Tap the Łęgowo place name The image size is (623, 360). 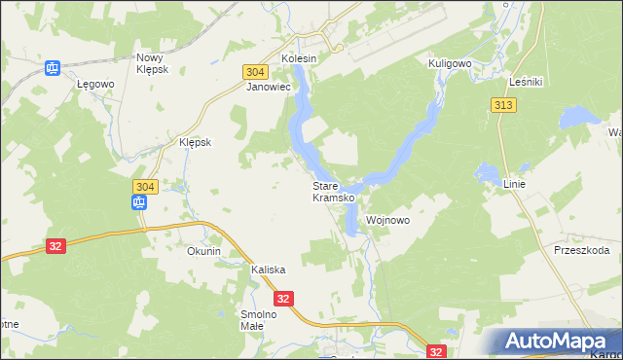[x=96, y=85]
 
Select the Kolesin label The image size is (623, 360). [x=300, y=58]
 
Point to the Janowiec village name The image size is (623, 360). [x=270, y=87]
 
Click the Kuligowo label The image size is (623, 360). [x=450, y=63]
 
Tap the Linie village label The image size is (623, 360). [x=516, y=183]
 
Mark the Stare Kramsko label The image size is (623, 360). [x=333, y=192]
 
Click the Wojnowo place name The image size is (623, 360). [x=387, y=221]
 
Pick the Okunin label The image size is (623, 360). [x=204, y=251]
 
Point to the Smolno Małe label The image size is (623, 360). [x=259, y=320]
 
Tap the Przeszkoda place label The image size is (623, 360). [x=581, y=250]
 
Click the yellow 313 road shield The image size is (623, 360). [x=503, y=105]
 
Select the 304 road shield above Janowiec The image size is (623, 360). [x=255, y=72]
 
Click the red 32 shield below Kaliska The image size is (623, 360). [x=283, y=300]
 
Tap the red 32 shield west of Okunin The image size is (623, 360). [x=55, y=246]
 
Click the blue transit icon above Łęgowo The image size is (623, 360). [x=53, y=67]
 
